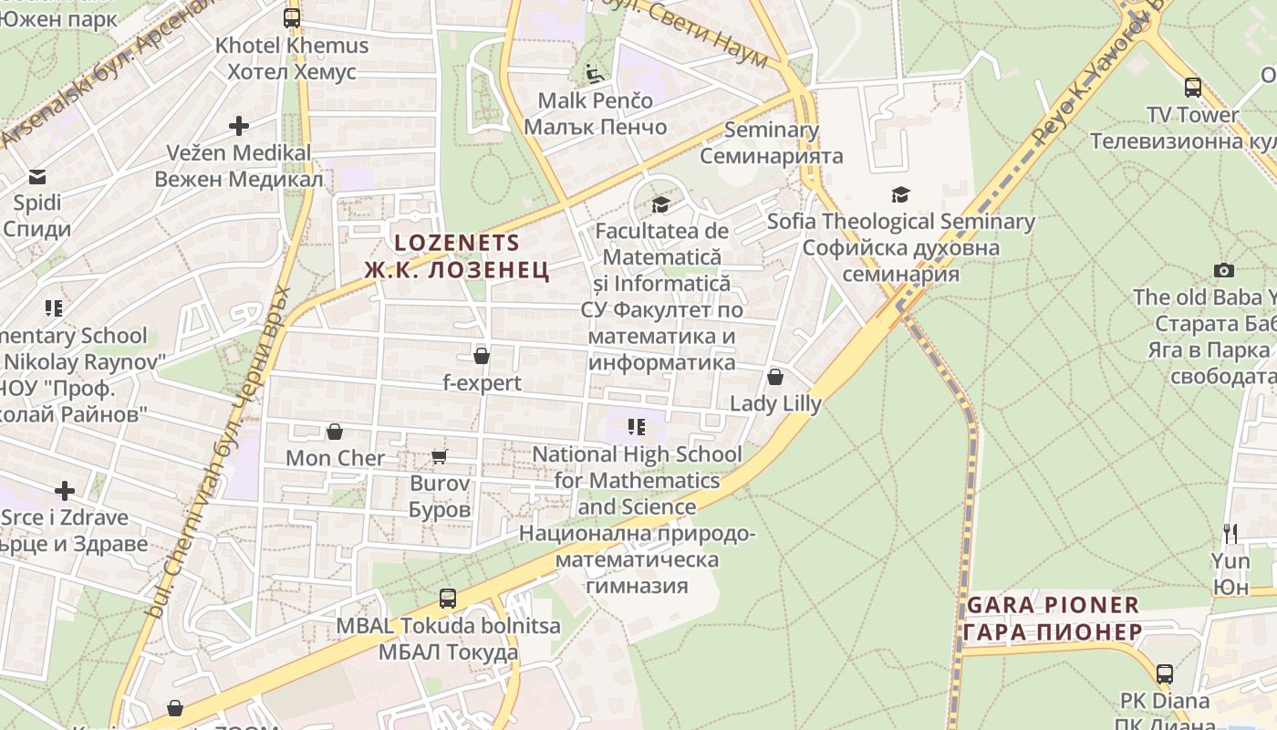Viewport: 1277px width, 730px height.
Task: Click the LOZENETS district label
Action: coord(457,244)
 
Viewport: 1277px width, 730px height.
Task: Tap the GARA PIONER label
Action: coord(1053,605)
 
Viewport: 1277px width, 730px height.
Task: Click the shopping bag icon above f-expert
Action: coord(482,356)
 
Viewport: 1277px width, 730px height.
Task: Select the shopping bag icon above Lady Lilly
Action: coord(775,377)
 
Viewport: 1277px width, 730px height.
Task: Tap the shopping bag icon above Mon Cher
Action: coord(335,431)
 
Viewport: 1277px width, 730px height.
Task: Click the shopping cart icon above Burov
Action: coord(440,456)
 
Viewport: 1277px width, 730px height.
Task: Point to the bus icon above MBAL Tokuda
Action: coord(448,599)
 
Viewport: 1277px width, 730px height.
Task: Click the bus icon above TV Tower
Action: coord(1193,88)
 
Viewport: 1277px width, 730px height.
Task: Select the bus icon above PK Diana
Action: coord(1165,674)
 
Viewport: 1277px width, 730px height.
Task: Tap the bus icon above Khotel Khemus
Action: coord(292,17)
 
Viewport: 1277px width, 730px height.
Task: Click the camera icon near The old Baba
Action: coord(1224,270)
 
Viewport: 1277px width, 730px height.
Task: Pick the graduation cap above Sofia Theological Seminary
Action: coord(900,194)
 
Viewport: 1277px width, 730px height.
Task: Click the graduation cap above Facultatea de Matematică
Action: coord(660,204)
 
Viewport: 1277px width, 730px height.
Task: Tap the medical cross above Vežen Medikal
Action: coord(239,125)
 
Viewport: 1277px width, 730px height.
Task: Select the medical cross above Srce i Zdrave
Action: coord(65,491)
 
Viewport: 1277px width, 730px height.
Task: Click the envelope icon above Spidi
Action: coord(37,176)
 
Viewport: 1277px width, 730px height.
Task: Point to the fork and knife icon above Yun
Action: coord(1230,533)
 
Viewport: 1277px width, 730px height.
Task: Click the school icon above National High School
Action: coord(637,427)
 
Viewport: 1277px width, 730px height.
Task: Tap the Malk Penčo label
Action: coord(595,100)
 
